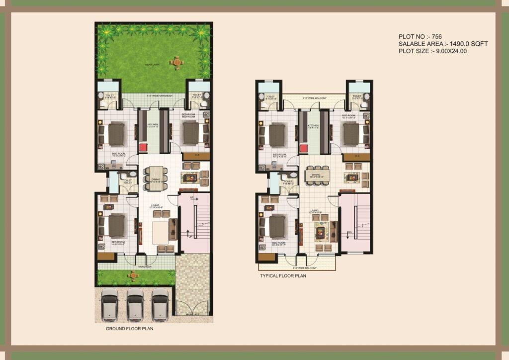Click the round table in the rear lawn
tap(176, 62)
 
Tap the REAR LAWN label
tap(152, 65)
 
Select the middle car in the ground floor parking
tap(135, 304)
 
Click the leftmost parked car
tap(109, 304)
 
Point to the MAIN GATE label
tap(193, 314)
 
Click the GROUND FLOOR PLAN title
tap(129, 329)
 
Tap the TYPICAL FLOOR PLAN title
tap(283, 275)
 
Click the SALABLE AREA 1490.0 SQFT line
tap(443, 44)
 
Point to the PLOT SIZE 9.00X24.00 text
tap(432, 51)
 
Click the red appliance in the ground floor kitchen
tap(144, 147)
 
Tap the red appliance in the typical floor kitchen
tap(304, 148)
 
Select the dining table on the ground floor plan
tap(156, 180)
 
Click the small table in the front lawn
tap(133, 275)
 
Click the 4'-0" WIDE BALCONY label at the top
tap(314, 98)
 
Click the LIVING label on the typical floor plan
tap(314, 210)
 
